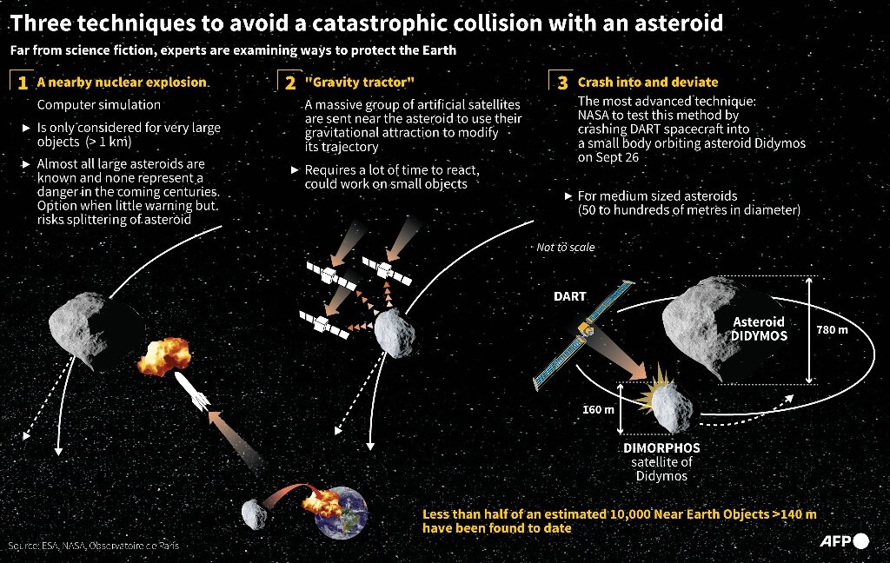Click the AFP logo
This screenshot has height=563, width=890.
[843, 541]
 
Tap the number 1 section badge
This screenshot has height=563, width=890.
[21, 83]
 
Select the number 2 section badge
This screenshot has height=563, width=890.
[289, 83]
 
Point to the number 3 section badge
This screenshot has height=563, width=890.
[562, 83]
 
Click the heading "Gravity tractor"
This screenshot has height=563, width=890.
[359, 83]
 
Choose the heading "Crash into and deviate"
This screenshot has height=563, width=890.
[648, 83]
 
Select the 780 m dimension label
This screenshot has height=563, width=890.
[832, 330]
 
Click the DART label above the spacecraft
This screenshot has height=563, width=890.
[570, 296]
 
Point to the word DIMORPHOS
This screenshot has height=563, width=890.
[661, 448]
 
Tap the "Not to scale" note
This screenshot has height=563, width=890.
[566, 248]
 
